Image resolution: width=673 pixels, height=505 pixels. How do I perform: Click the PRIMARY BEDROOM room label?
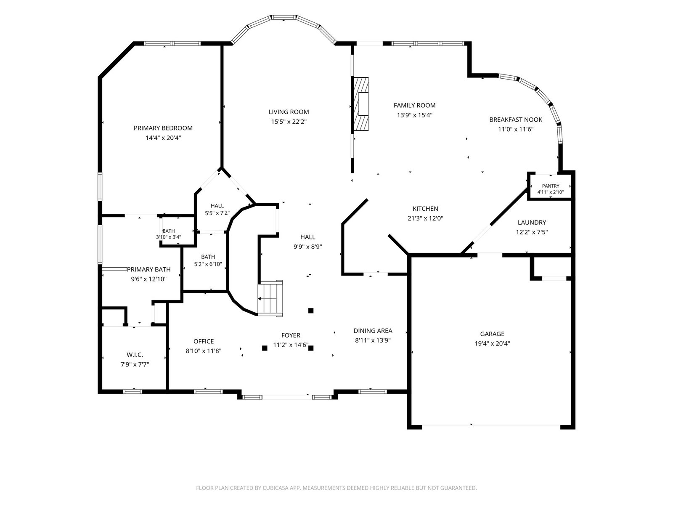163,128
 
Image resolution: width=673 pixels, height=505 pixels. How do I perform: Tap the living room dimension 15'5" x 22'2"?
289,122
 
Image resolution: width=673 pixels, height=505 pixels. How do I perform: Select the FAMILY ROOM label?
415,106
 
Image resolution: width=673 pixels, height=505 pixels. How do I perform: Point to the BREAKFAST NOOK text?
516,120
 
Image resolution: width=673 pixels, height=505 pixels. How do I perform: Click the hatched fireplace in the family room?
361,104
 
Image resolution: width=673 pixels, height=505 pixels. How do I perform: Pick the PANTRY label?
551,186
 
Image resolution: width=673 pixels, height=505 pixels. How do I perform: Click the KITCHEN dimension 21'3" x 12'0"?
425,218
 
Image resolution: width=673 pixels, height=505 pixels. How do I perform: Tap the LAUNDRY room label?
532,223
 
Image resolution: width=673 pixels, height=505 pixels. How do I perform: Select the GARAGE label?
492,334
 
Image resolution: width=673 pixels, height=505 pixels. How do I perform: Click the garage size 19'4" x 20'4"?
492,344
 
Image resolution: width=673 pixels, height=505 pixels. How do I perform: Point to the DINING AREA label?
373,330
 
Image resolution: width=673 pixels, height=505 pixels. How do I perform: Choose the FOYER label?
291,335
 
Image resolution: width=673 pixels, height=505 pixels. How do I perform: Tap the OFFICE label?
204,341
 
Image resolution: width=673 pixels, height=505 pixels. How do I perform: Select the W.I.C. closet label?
135,355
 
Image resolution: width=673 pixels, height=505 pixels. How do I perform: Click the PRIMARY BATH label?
149,269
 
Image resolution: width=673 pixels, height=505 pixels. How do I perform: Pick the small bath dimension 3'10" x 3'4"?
169,237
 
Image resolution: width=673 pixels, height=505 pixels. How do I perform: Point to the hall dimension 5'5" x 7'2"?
217,213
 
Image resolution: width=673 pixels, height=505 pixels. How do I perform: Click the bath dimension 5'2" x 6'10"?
208,264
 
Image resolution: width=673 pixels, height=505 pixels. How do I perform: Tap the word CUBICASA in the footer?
275,488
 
